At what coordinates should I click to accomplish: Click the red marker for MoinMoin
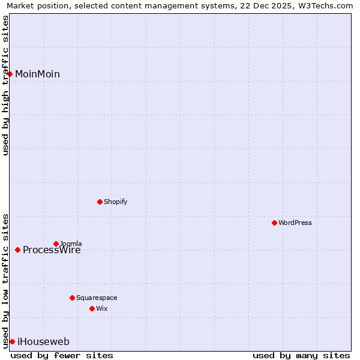(x=10, y=74)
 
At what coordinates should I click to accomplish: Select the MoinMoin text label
(x=37, y=74)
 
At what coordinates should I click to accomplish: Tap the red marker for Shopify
(x=100, y=202)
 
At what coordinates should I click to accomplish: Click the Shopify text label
(x=115, y=202)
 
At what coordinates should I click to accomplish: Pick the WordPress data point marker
(x=274, y=223)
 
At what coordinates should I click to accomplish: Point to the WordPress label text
(x=295, y=223)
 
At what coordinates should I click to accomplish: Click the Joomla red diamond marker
(x=56, y=244)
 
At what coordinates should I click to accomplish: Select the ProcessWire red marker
(x=17, y=250)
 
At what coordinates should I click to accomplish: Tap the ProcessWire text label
(x=52, y=251)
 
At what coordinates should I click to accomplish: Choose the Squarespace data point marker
(x=72, y=298)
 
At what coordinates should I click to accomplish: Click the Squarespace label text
(x=97, y=298)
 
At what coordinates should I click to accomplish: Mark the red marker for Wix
(x=92, y=308)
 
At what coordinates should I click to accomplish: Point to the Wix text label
(x=101, y=309)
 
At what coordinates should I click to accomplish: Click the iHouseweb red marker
(x=12, y=341)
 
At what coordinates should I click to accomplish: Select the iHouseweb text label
(x=43, y=342)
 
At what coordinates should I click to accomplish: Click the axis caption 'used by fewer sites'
(x=62, y=355)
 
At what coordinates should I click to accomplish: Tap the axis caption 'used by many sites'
(x=301, y=355)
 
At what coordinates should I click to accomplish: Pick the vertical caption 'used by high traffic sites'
(x=5, y=85)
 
